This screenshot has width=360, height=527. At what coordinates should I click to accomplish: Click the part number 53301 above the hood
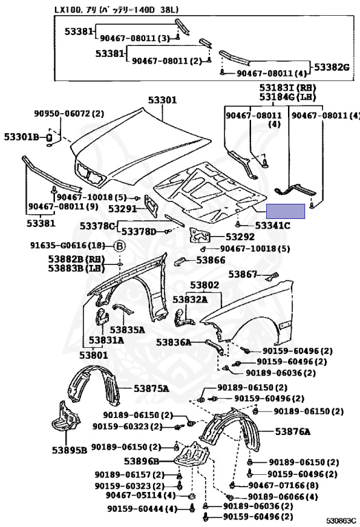[163, 100]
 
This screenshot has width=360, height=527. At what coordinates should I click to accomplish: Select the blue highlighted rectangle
[285, 213]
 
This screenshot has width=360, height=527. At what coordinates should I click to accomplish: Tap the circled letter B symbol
[119, 246]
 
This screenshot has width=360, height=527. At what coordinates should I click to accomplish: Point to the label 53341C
[272, 225]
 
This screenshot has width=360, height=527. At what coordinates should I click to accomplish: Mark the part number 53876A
[293, 432]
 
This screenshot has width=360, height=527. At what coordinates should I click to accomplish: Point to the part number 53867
[242, 274]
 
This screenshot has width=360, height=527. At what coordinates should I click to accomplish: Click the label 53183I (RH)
[287, 89]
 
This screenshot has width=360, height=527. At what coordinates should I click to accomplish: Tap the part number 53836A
[173, 341]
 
